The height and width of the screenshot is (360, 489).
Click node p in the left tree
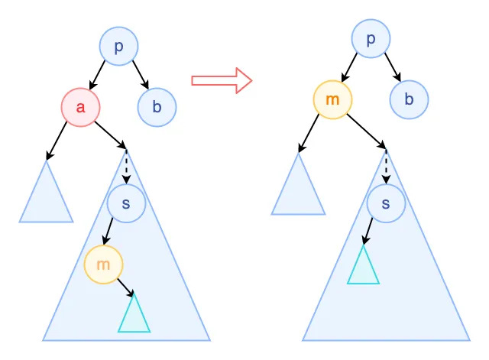click(118, 47)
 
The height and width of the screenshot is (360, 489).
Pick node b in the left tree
click(157, 107)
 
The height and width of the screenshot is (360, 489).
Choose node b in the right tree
click(409, 99)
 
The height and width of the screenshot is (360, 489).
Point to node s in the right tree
click(386, 203)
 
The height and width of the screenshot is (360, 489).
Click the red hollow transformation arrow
click(221, 80)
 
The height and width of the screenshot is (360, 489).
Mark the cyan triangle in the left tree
click(134, 316)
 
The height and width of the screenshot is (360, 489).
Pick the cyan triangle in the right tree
click(363, 267)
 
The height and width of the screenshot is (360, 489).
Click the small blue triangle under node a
click(46, 196)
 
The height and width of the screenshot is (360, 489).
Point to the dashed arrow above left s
click(126, 168)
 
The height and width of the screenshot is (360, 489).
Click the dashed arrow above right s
click(386, 167)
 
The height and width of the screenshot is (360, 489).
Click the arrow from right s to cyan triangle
click(369, 232)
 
